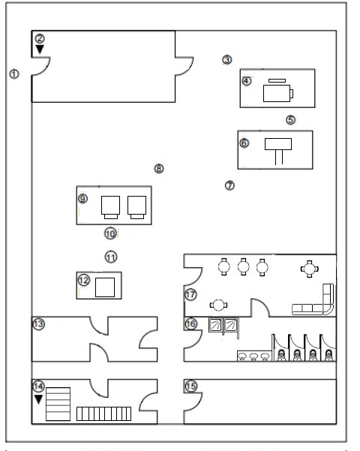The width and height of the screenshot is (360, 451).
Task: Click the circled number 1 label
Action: [14, 74]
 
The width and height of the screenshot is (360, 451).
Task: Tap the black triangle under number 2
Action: [40, 50]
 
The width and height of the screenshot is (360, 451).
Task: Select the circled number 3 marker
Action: [227, 59]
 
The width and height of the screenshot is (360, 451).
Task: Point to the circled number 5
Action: [291, 119]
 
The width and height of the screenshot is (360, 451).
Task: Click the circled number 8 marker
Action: [159, 168]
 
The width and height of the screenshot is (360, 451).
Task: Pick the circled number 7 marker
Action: [229, 185]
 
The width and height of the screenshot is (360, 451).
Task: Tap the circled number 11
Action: [111, 257]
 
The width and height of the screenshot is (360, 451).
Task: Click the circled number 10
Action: [110, 233]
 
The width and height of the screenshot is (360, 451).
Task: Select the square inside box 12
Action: [105, 287]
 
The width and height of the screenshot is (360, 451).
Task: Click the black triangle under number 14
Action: [38, 399]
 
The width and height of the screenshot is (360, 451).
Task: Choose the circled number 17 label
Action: [190, 294]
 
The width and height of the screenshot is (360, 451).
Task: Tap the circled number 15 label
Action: [191, 386]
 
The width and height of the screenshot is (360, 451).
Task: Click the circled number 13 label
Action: [39, 324]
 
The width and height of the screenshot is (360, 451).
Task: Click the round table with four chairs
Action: [310, 269]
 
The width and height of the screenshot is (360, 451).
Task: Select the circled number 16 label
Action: [191, 324]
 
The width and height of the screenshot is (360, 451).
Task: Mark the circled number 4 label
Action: [247, 81]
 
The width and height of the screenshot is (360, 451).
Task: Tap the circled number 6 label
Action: [244, 143]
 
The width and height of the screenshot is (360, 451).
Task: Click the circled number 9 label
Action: [82, 198]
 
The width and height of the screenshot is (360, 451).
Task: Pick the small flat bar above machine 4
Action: [277, 80]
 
